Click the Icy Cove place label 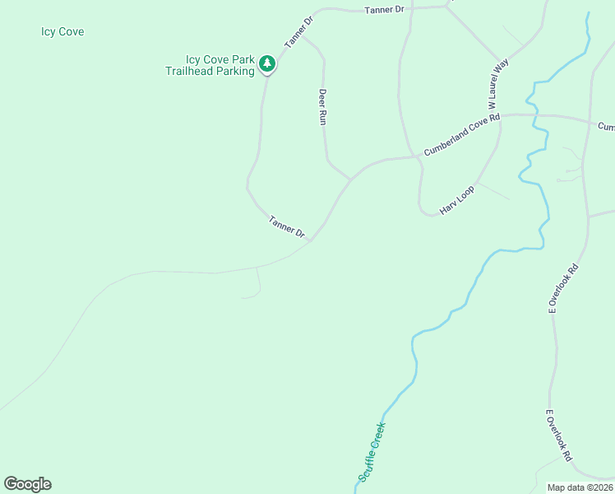tap(62, 32)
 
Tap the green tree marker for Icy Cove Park tap(266, 63)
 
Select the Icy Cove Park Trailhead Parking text tap(220, 66)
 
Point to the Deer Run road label tap(323, 106)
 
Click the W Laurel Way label tap(499, 83)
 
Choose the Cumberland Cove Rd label tap(461, 136)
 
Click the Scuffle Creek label tap(372, 451)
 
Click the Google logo tap(27, 484)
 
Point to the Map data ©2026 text tap(580, 487)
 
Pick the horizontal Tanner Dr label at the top tap(385, 9)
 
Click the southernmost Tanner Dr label tap(287, 227)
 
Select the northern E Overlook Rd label tap(564, 288)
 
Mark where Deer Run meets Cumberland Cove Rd tap(351, 178)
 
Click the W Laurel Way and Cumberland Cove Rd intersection tap(500, 115)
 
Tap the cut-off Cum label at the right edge tap(606, 127)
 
